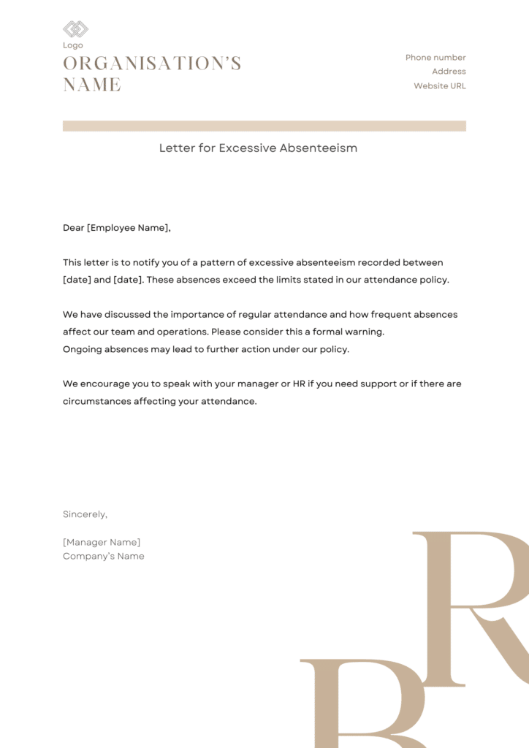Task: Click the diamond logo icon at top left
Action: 75,29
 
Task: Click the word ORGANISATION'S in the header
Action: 152,64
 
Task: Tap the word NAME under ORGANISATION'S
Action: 92,85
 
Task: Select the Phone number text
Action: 435,58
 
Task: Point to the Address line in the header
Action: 449,72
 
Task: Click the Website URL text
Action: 439,86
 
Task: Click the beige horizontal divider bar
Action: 264,126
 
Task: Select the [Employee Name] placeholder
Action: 128,228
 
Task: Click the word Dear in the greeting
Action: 74,228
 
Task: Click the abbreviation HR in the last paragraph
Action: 299,384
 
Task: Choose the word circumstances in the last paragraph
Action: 96,402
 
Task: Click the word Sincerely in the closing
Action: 84,515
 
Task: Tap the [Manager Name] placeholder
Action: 102,543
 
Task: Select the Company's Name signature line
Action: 104,557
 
